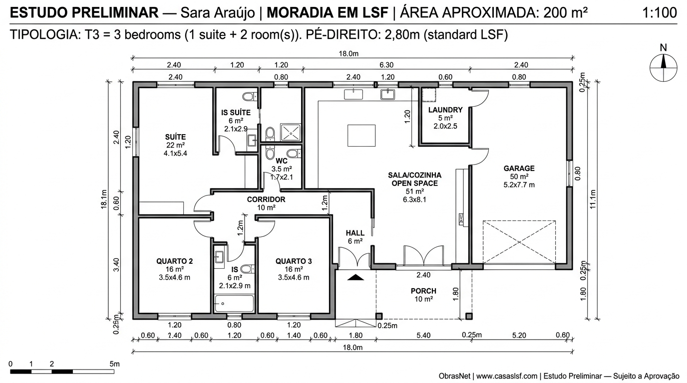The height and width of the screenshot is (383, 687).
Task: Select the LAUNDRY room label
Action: click(x=445, y=110)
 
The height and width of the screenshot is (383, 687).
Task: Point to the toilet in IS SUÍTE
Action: click(x=248, y=96)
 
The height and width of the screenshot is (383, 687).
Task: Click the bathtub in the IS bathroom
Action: click(x=234, y=303)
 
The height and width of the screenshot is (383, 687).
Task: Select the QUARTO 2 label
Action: click(x=174, y=261)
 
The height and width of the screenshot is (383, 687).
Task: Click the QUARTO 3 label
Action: click(x=294, y=261)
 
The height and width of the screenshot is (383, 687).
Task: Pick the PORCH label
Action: click(x=423, y=291)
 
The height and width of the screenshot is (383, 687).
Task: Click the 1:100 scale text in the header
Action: click(x=660, y=13)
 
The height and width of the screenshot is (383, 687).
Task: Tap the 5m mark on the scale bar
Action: click(x=114, y=364)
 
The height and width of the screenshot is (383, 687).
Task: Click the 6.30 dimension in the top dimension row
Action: click(x=386, y=65)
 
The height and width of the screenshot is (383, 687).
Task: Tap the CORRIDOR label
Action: click(x=266, y=199)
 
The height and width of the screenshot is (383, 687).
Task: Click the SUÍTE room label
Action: click(x=175, y=137)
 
